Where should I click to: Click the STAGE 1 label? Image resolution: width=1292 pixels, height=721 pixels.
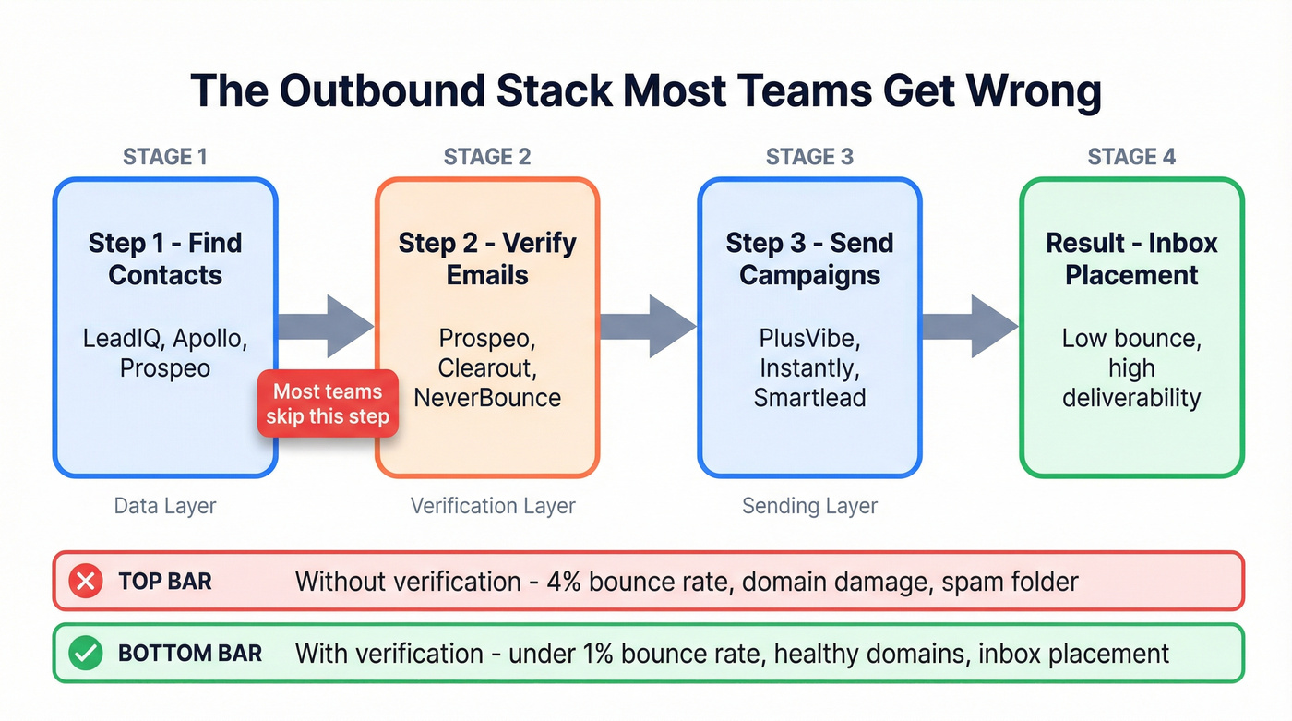(x=164, y=156)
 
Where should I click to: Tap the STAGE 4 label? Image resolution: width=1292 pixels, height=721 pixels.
(x=1131, y=156)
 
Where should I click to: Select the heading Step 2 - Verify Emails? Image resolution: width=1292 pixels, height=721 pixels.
(x=487, y=258)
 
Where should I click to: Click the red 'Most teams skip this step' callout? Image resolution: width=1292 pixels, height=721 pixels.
(x=328, y=403)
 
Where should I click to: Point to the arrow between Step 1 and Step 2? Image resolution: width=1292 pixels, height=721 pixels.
(x=325, y=326)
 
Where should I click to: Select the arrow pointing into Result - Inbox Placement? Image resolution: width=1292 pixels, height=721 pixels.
(x=969, y=326)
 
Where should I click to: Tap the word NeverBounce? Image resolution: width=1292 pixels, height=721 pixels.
(x=487, y=398)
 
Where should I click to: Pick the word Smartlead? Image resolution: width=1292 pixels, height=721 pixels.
(x=809, y=398)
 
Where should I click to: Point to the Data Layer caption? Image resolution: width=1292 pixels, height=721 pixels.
(x=165, y=506)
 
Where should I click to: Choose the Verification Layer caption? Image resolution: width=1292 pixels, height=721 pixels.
(x=493, y=506)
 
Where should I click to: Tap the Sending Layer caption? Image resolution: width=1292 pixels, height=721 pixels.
(x=809, y=506)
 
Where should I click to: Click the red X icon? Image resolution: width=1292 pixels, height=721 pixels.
(x=86, y=582)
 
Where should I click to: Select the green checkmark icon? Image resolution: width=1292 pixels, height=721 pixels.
(x=86, y=654)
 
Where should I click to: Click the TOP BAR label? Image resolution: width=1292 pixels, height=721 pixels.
(x=165, y=582)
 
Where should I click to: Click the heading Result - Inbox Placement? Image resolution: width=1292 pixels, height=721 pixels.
(x=1131, y=258)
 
